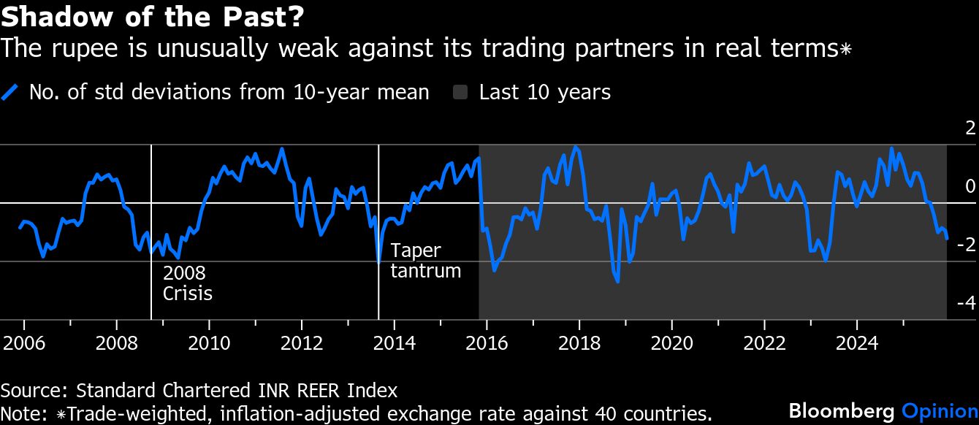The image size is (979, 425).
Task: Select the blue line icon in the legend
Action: pyautogui.click(x=10, y=93)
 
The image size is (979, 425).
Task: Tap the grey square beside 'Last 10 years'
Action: pyautogui.click(x=461, y=93)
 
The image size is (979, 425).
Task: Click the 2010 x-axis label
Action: pyautogui.click(x=208, y=342)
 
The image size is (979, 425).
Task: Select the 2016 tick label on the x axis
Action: pyautogui.click(x=487, y=342)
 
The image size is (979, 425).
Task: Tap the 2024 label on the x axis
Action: pyautogui.click(x=857, y=342)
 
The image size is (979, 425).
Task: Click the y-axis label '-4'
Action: pyautogui.click(x=966, y=303)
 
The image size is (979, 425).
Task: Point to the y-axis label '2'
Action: pyautogui.click(x=970, y=129)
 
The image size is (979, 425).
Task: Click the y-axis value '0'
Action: pyautogui.click(x=970, y=186)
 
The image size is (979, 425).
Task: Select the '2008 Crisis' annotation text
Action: pyautogui.click(x=187, y=283)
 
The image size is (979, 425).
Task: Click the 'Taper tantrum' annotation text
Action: pyautogui.click(x=425, y=261)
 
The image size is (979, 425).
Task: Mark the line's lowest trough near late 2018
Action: pyautogui.click(x=617, y=281)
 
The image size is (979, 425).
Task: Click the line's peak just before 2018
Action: pyautogui.click(x=576, y=147)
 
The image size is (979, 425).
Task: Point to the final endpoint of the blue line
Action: pyautogui.click(x=947, y=238)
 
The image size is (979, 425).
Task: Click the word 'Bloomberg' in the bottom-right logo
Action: pyautogui.click(x=842, y=410)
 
